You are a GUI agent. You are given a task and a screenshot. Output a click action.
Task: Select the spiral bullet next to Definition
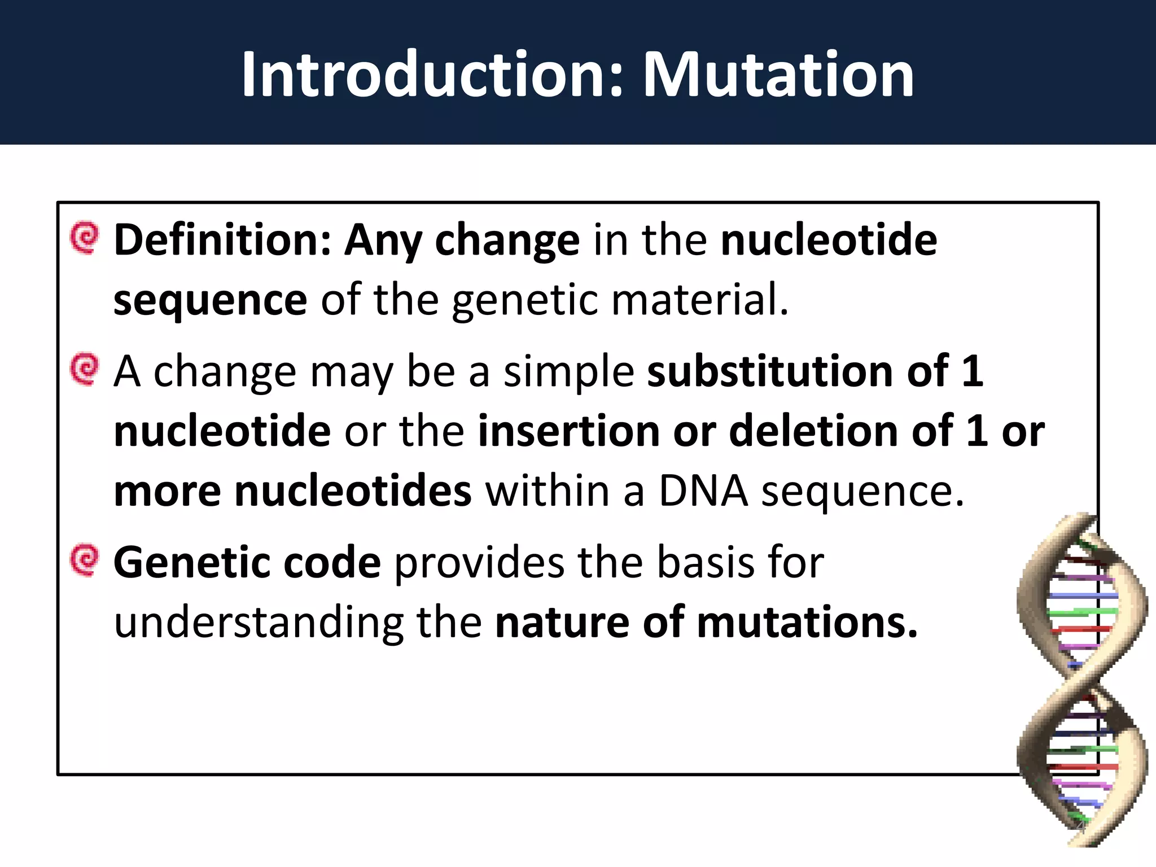(85, 238)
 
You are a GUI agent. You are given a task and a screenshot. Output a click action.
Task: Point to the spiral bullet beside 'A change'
(85, 369)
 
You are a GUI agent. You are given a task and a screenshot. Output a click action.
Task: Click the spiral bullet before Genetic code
(85, 560)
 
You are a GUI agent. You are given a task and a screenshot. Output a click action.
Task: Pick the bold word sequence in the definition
(210, 300)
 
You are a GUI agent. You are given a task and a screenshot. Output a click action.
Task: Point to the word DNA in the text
(703, 491)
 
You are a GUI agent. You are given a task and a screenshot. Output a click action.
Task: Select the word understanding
(259, 623)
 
